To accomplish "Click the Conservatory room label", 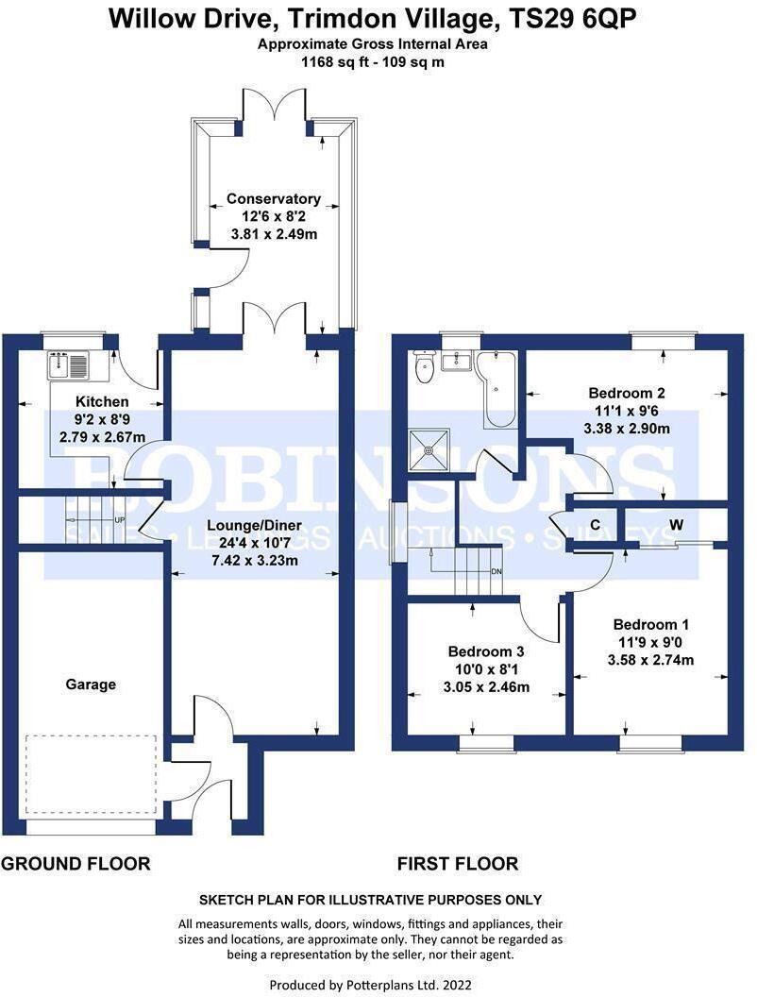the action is point(274,199).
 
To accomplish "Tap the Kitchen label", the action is point(102,402).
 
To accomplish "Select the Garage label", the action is point(91,684).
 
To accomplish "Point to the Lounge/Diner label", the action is point(254,526).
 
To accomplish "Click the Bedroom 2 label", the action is point(627,393).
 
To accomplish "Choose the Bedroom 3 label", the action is point(486,651).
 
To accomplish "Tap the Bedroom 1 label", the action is point(651,624).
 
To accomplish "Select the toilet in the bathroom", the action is point(423,366).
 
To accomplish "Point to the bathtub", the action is point(497,389).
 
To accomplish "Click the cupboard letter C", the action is point(596,525).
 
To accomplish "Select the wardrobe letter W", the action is point(676,525).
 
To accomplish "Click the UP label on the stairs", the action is point(119,520).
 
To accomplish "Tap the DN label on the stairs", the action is point(496,571).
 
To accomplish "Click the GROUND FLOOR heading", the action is point(76,864).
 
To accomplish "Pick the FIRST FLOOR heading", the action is point(458,864).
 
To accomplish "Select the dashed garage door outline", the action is point(91,774).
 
